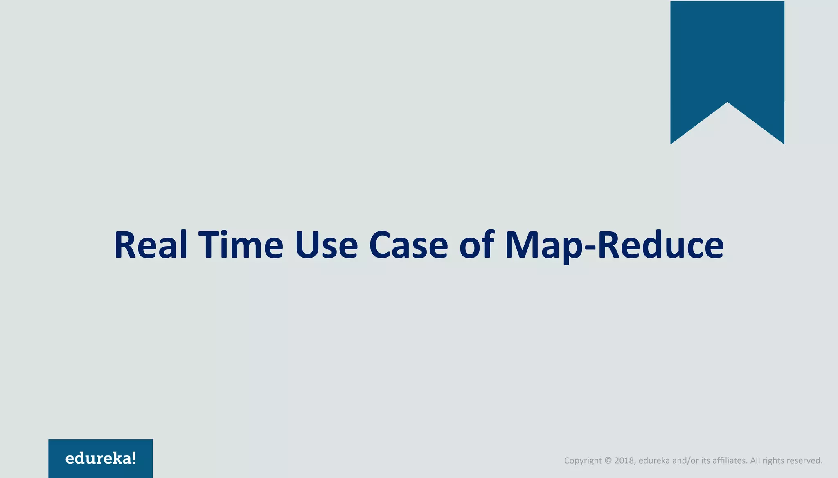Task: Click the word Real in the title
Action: tap(151, 245)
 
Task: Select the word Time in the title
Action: tap(241, 245)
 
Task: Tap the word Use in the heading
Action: tap(326, 245)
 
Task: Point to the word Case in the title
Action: tap(408, 245)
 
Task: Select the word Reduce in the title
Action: tap(660, 245)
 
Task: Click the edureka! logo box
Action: tap(101, 458)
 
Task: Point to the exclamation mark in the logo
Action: tap(133, 458)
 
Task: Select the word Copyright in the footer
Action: tap(583, 461)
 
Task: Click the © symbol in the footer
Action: tap(608, 460)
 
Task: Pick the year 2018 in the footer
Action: tap(624, 460)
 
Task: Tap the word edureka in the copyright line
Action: tap(654, 460)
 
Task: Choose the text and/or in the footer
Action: tap(685, 460)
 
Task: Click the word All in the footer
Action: tap(755, 460)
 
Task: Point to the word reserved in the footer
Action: tap(804, 460)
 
